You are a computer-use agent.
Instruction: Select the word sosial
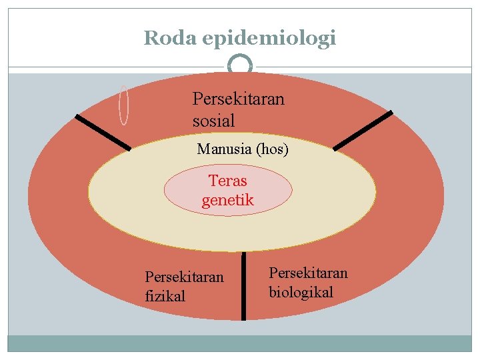coord(213,121)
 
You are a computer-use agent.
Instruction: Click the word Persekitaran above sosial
coord(238,99)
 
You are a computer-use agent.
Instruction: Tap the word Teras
coord(227,181)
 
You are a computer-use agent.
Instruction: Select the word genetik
coord(227,199)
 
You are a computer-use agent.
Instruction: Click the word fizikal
coord(165,296)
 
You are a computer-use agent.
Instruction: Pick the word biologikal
coord(301,292)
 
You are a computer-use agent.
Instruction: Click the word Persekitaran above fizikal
coord(184,277)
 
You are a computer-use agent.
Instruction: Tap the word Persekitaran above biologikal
coord(308,273)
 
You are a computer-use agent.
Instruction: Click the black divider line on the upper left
coord(103,132)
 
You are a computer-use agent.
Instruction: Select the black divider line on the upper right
coord(363,130)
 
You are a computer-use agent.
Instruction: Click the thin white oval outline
coord(123,105)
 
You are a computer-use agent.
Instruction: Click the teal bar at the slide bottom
coord(240,343)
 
